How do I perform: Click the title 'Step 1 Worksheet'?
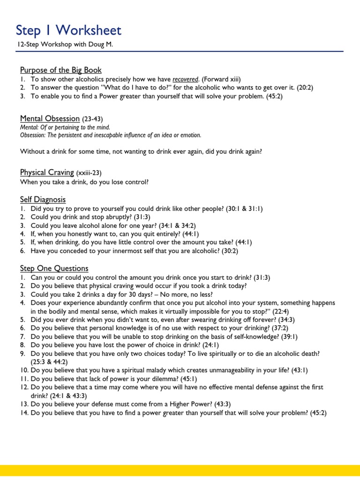click(68, 31)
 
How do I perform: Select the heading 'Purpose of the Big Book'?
click(60, 70)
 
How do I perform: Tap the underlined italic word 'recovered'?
click(185, 79)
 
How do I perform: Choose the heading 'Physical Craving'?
click(47, 173)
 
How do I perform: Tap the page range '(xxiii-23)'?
click(89, 173)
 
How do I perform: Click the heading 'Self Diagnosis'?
click(43, 200)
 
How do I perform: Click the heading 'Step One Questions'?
click(54, 268)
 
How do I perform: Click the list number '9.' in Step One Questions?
click(23, 353)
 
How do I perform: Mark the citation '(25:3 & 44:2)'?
click(52, 362)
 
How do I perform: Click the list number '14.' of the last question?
click(24, 412)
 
